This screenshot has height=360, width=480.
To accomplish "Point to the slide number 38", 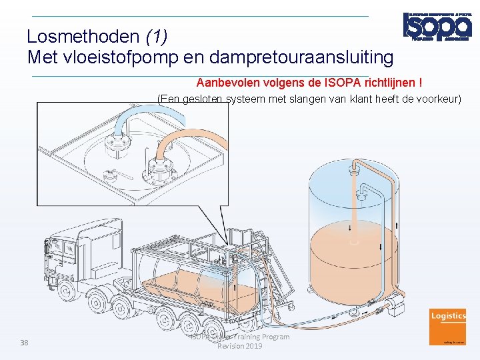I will pos(24,343).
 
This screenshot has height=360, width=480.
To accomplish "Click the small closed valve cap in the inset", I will pos(111,176).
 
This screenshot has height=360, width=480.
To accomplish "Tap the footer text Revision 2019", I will pos(240,346).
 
